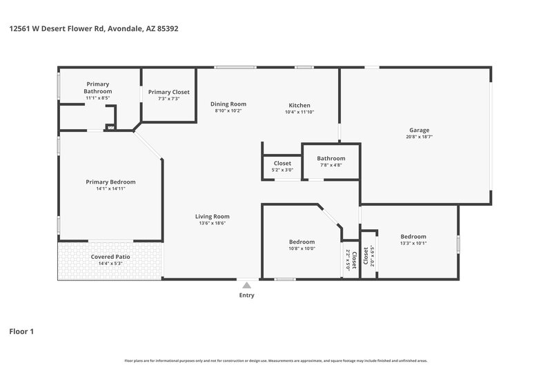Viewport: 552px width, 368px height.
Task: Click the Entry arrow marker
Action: (x=246, y=284)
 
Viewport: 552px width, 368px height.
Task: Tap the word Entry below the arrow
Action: (x=246, y=296)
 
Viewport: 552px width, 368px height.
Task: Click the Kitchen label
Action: (x=299, y=105)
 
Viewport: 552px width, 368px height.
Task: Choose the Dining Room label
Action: (x=228, y=104)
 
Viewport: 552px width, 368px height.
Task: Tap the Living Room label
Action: (x=213, y=216)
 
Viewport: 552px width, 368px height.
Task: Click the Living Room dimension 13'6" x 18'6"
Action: (x=213, y=223)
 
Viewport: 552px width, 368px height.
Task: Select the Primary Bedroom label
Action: (x=110, y=182)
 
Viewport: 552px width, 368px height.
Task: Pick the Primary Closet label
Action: (x=169, y=92)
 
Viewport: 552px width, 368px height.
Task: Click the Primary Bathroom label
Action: (x=97, y=88)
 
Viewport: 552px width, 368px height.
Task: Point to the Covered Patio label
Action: (x=110, y=257)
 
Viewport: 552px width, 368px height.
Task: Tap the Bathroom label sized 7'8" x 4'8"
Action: (x=331, y=158)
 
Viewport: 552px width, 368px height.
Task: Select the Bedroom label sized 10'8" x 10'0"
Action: (x=302, y=242)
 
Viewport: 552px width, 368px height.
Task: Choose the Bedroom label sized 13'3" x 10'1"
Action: (x=413, y=236)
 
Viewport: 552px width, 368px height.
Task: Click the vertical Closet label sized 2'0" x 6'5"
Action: (x=366, y=258)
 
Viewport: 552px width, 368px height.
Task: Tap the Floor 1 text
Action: (x=21, y=331)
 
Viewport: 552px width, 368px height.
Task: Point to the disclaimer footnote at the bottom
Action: (x=276, y=360)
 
